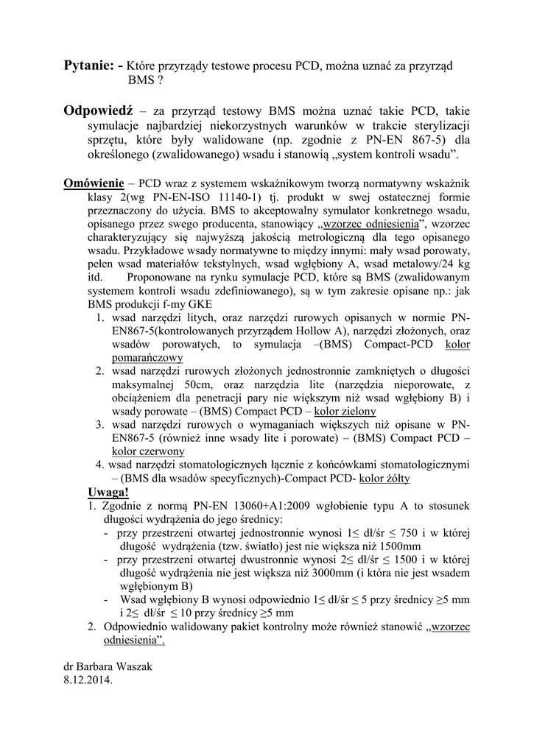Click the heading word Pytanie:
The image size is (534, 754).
point(90,66)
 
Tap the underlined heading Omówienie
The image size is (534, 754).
point(94,183)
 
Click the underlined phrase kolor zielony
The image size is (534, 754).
point(345,412)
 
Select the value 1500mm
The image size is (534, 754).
point(398,546)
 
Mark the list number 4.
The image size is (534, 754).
point(99,465)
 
